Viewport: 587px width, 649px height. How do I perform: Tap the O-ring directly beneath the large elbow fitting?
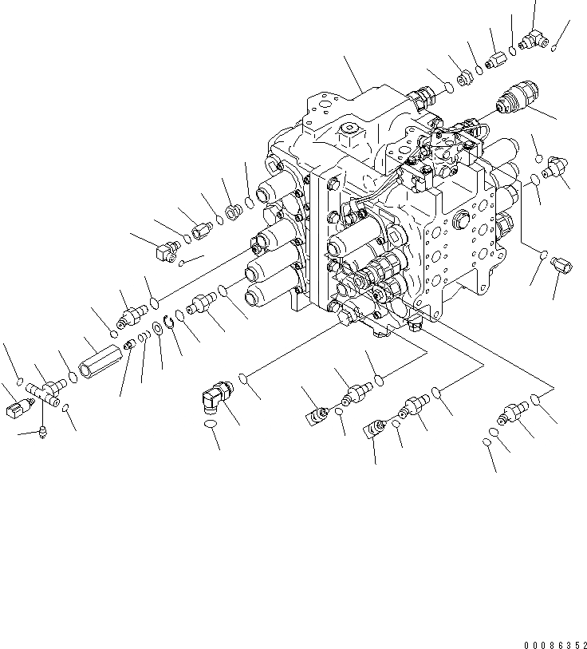tap(211, 430)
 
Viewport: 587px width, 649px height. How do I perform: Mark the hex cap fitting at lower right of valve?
tap(561, 265)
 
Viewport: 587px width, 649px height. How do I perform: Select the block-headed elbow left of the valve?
tap(165, 251)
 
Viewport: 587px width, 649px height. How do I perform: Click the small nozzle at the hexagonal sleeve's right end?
tap(128, 345)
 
